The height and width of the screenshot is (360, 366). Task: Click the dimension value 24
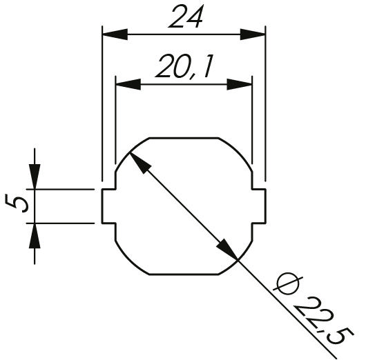pyautogui.click(x=186, y=17)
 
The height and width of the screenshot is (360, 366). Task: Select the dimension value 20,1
pyautogui.click(x=184, y=66)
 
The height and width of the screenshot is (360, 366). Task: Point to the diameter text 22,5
pyautogui.click(x=323, y=321)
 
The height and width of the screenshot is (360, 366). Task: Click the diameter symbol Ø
pyautogui.click(x=288, y=283)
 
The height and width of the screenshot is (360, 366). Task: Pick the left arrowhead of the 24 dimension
pyautogui.click(x=115, y=34)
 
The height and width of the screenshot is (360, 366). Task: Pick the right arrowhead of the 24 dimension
pyautogui.click(x=253, y=34)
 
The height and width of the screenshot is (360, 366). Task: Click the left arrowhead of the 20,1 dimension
pyautogui.click(x=128, y=84)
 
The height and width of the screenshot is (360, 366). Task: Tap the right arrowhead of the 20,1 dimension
pyautogui.click(x=240, y=84)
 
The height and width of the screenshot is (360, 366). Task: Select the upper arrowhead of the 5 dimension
pyautogui.click(x=35, y=177)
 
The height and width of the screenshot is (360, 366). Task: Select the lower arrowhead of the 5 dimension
pyautogui.click(x=35, y=236)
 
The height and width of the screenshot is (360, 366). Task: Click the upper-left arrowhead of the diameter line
pyautogui.click(x=140, y=163)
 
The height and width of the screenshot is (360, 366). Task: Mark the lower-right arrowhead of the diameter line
pyautogui.click(x=227, y=249)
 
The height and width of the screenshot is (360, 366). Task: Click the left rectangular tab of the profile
pyautogui.click(x=108, y=206)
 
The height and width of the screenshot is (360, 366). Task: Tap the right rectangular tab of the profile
pyautogui.click(x=259, y=206)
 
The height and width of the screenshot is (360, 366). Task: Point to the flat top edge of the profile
pyautogui.click(x=184, y=138)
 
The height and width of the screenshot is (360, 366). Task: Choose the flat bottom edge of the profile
pyautogui.click(x=184, y=274)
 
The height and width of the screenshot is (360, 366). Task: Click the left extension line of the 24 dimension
pyautogui.click(x=102, y=103)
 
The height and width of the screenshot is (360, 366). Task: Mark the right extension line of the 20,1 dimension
pyautogui.click(x=252, y=120)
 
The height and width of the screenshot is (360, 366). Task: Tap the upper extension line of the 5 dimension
pyautogui.click(x=60, y=189)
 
